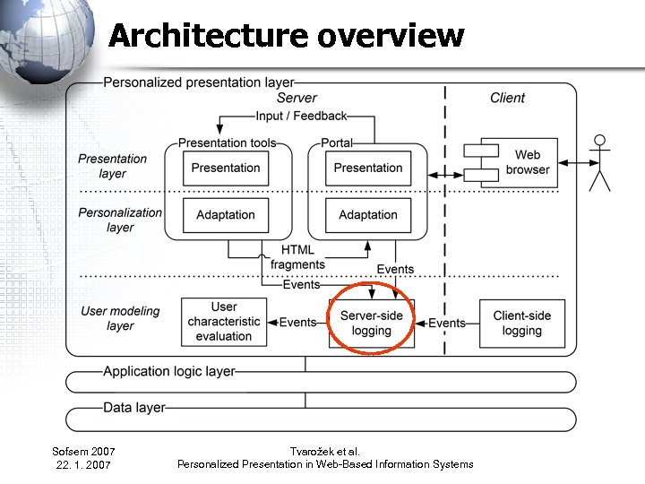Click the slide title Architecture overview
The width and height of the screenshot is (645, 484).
point(286,36)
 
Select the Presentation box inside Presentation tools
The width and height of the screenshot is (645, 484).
point(226,168)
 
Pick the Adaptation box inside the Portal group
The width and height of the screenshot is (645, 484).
point(368,215)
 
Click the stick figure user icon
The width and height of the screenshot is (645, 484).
point(599,162)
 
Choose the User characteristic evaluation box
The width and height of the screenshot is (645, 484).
point(224,322)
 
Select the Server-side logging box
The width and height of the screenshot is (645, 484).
point(372,323)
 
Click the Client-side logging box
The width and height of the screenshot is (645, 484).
point(522,323)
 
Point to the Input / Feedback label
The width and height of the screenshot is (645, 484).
point(301,116)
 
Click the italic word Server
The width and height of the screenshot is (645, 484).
point(297,98)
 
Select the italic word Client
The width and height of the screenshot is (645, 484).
point(507,98)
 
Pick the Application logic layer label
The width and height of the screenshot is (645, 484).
point(169,371)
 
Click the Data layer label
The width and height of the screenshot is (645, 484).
point(134,408)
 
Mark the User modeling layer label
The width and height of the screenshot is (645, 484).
point(120,318)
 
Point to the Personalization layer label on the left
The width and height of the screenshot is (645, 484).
point(120,220)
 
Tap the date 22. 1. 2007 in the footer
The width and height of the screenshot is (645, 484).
point(83,464)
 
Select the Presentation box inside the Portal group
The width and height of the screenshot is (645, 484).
point(368,168)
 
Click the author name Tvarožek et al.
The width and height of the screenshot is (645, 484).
point(325,451)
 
